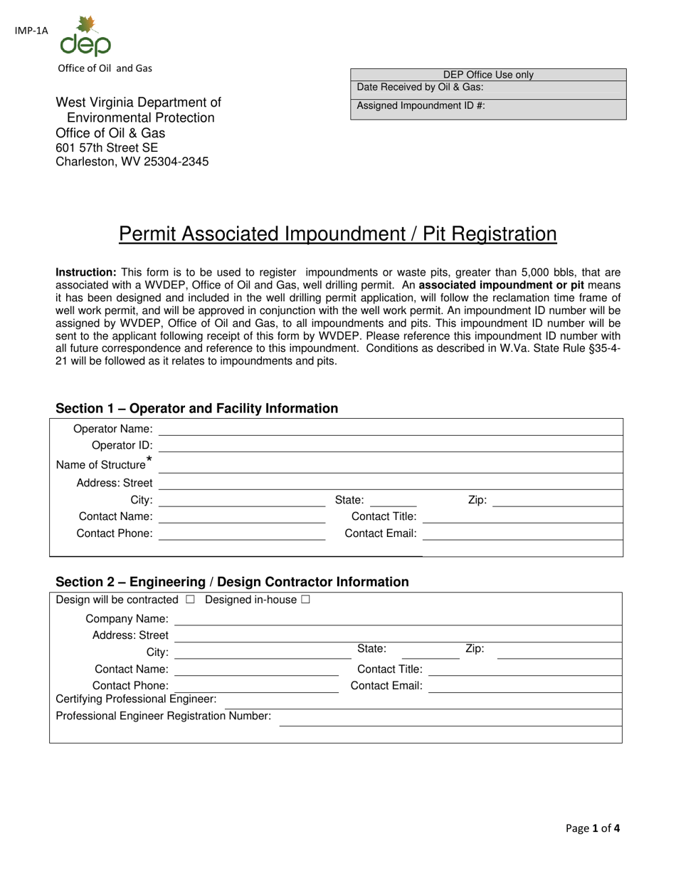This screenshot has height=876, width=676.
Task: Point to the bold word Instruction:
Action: [86, 272]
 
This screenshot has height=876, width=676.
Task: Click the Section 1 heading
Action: [196, 408]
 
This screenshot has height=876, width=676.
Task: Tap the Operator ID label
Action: [122, 445]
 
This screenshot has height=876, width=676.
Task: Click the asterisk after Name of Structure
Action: [149, 459]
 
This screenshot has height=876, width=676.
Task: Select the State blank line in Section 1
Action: [394, 501]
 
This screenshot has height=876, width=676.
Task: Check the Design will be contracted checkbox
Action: [190, 600]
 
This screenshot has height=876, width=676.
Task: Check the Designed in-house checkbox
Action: [305, 600]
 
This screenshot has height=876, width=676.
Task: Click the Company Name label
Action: [127, 618]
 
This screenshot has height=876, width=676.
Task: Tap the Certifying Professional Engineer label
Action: [136, 699]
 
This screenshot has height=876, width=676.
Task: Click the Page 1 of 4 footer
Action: [593, 828]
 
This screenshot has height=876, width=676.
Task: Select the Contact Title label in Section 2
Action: [389, 669]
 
